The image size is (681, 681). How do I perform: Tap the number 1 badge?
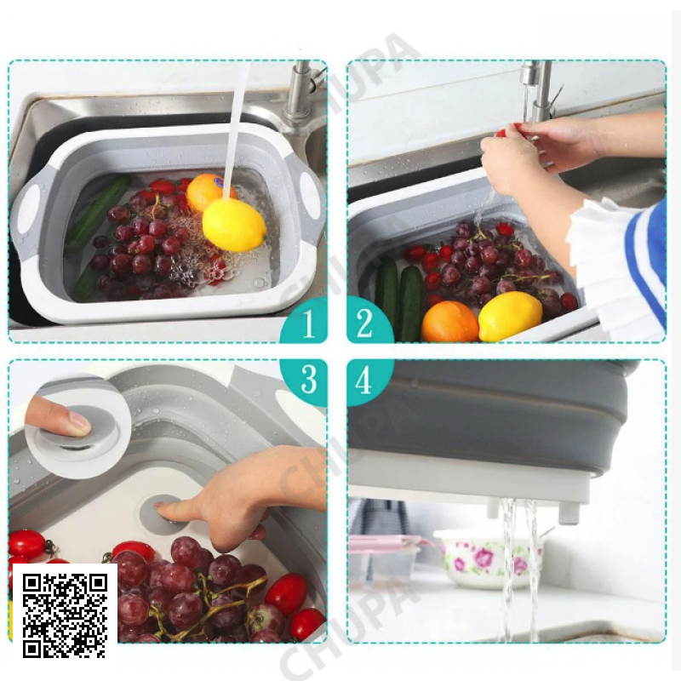click(x=306, y=322)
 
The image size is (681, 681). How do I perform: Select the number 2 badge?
click(x=368, y=323)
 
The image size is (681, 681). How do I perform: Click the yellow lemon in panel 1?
click(x=234, y=225)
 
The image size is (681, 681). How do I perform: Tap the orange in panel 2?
click(x=450, y=322)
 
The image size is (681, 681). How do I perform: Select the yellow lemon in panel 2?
click(x=510, y=316)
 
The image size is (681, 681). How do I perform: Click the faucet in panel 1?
click(x=302, y=94)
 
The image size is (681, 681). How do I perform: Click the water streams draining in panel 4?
click(x=519, y=569)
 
